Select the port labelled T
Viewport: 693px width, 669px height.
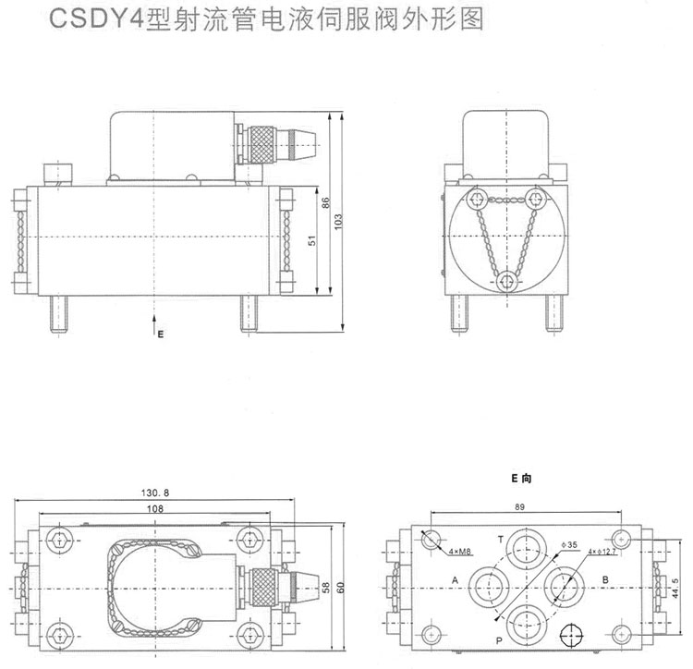(x=501, y=539)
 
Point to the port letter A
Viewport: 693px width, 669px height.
(x=455, y=580)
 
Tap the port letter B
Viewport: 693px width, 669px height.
(x=604, y=580)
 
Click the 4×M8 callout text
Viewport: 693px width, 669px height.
(x=460, y=552)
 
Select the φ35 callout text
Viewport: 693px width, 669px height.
(x=569, y=546)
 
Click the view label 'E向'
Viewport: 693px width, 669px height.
(x=523, y=479)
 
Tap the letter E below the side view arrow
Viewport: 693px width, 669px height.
(x=159, y=334)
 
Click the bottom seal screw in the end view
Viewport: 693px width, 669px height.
(x=505, y=280)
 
